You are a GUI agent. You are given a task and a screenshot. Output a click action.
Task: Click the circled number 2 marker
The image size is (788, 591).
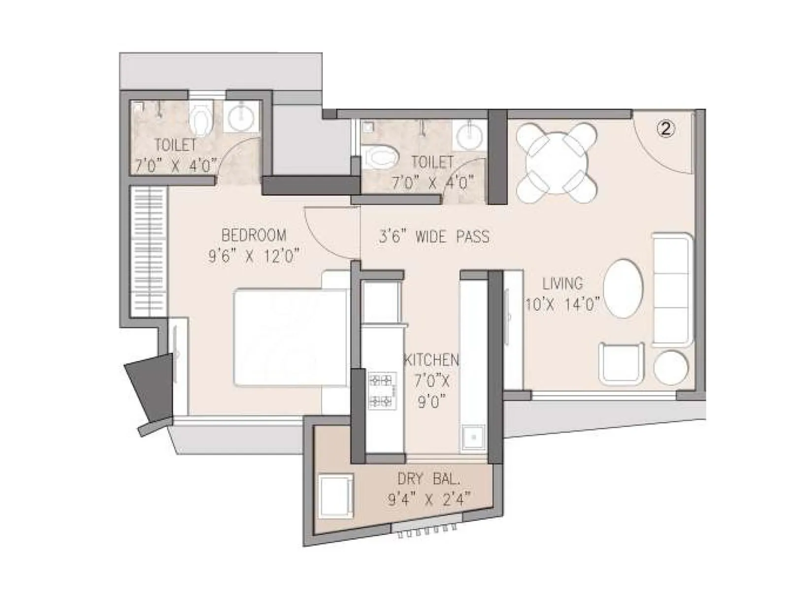click(x=665, y=130)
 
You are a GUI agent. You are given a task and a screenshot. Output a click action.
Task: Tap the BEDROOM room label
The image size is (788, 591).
click(x=254, y=235)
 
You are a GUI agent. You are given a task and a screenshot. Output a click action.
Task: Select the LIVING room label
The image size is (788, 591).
click(x=562, y=284)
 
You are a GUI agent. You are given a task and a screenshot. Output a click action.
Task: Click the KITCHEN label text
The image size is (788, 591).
click(x=431, y=360)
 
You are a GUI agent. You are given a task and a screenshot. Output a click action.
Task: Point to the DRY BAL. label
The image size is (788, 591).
click(x=428, y=478)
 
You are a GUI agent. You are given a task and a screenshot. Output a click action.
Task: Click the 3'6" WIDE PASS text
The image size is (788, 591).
click(x=434, y=237)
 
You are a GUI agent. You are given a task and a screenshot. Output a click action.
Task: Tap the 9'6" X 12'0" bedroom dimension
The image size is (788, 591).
click(x=254, y=256)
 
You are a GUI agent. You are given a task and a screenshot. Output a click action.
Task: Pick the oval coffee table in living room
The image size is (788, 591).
click(x=623, y=289)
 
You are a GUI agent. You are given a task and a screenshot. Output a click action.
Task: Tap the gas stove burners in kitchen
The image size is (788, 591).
click(x=382, y=391)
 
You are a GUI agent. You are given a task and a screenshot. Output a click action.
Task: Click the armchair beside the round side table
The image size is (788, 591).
click(x=622, y=362)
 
